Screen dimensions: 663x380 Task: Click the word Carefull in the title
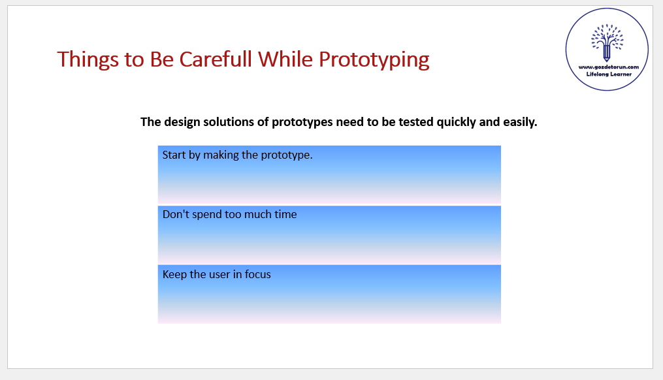tap(216, 59)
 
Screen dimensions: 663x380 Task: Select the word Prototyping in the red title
tap(374, 60)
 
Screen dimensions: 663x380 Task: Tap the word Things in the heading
tap(88, 60)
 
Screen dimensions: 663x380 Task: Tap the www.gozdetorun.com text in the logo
tap(608, 67)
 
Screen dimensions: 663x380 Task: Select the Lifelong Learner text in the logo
tap(608, 74)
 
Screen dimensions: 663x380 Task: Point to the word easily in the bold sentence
tap(520, 122)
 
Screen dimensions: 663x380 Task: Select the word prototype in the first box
tap(287, 155)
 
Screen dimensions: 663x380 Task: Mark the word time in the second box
tap(285, 214)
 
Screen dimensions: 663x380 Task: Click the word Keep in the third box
tap(174, 274)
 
